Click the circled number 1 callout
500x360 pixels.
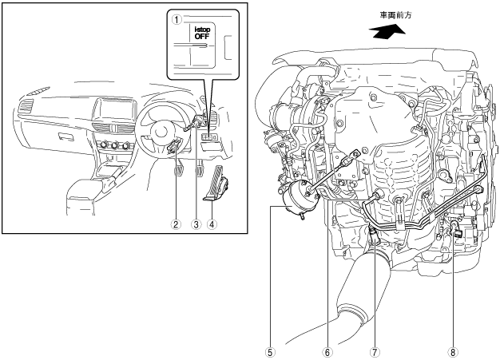click(x=177, y=20)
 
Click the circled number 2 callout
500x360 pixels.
click(x=176, y=224)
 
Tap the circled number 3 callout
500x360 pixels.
click(x=196, y=224)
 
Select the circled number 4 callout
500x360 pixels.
click(x=212, y=224)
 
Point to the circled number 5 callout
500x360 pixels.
click(x=270, y=352)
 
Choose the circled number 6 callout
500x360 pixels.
click(x=327, y=352)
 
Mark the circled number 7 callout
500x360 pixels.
click(x=375, y=352)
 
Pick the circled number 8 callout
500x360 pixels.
click(x=453, y=352)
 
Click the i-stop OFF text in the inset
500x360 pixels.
click(x=202, y=34)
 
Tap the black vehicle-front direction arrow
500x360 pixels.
click(x=387, y=32)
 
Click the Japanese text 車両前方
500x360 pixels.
click(x=395, y=15)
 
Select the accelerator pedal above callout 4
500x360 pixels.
click(x=214, y=184)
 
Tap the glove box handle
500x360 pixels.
click(x=66, y=136)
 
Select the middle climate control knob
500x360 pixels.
click(x=114, y=146)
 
